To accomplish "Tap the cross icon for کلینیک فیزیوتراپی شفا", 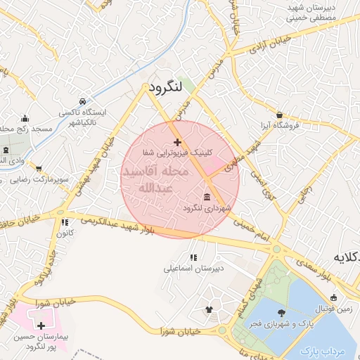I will coord(176,142).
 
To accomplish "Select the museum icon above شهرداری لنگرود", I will coord(207,197).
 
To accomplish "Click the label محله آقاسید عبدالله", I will coord(155,179).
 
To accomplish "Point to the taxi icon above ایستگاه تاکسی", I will coord(84,101).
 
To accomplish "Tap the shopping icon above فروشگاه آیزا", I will coord(280,115).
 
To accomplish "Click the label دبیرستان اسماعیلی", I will coord(193,268).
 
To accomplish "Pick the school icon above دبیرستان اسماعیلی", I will coord(193,257).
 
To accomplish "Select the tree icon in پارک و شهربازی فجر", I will coord(282,313).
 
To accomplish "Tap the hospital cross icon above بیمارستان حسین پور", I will coord(41,326).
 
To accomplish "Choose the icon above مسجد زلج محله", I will coord(25,118).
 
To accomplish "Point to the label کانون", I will coord(66,233).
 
